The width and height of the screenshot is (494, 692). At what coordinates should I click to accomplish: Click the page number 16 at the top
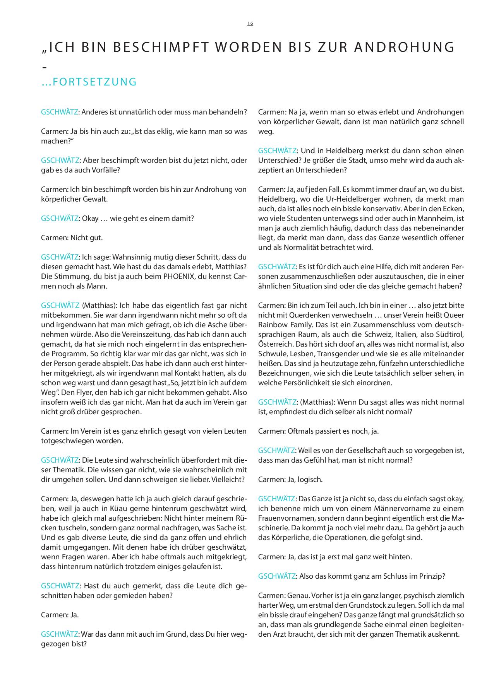tap(250, 24)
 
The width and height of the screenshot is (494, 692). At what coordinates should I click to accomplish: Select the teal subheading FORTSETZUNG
tap(94, 82)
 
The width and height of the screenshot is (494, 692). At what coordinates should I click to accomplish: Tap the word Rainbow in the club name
tap(273, 325)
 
